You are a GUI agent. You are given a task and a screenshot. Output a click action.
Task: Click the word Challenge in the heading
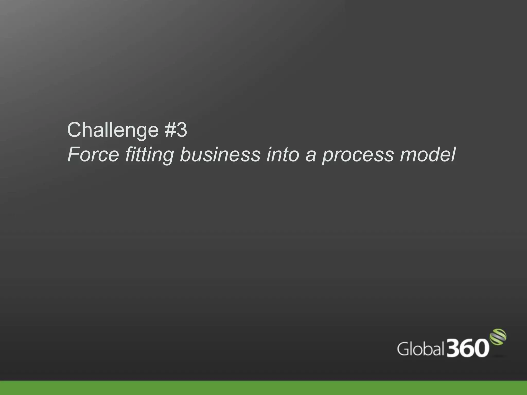point(113,130)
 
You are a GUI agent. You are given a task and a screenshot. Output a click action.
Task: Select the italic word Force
point(93,155)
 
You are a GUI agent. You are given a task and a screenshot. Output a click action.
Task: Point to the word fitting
point(150,155)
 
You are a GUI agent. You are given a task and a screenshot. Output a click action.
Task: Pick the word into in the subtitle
point(283,155)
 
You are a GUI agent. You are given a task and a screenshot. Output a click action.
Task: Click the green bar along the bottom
point(263,388)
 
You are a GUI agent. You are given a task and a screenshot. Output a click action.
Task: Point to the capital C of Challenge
point(74,130)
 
